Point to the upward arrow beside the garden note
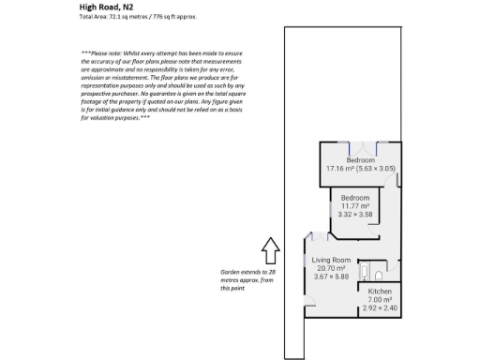click(270, 249)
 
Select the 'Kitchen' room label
click(380, 292)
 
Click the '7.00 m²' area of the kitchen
click(380, 300)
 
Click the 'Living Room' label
click(330, 260)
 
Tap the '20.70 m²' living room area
click(330, 268)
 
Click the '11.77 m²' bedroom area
click(355, 206)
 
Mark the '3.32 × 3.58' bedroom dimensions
click(355, 215)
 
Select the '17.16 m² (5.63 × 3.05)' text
click(361, 169)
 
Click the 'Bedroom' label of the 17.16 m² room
click(361, 160)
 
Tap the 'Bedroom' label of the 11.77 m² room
click(355, 198)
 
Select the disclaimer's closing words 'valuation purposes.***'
click(117, 119)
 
